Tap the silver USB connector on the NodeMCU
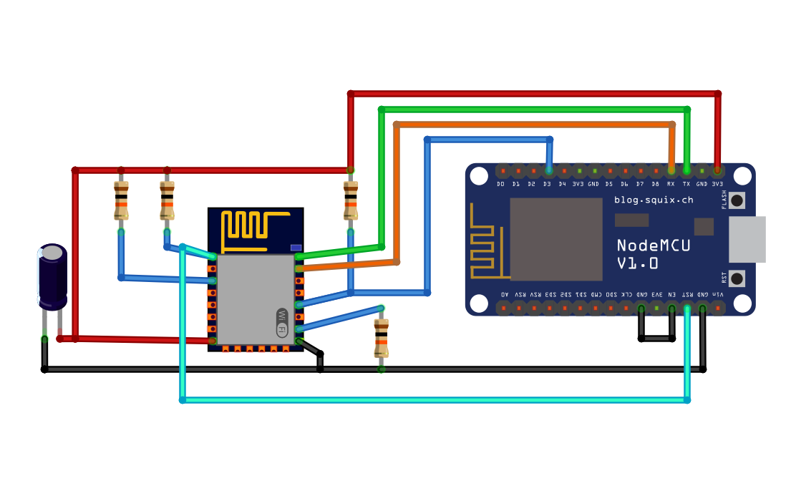747,239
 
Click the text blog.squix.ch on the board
654,200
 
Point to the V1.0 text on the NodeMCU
638,263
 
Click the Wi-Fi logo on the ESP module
282,323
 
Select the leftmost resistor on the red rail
121,200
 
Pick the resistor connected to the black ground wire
381,339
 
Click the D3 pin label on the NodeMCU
548,184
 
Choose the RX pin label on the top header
671,184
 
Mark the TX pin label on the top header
686,184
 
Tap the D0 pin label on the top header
501,184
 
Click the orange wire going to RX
533,125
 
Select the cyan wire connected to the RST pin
430,399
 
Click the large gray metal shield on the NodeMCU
555,239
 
